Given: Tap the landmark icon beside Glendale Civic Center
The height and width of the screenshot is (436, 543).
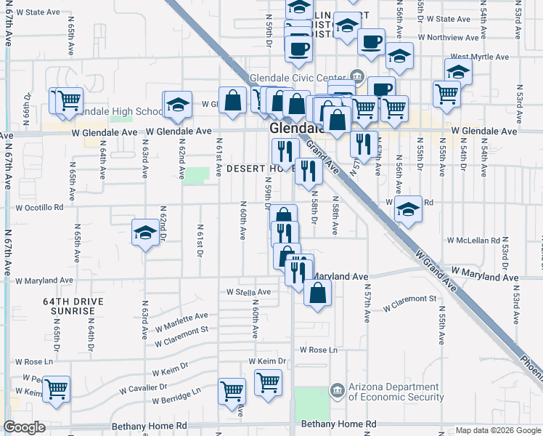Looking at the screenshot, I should point(356,76).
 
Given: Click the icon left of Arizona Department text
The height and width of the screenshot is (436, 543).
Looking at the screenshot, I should point(337,391).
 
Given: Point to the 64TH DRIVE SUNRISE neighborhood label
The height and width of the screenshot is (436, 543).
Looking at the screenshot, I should point(73,306).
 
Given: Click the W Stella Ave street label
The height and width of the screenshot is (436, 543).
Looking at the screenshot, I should point(247,292).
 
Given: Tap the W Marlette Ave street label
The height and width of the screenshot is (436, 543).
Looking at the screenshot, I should point(181,320).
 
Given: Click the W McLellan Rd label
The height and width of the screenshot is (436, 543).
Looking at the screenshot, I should point(474,240).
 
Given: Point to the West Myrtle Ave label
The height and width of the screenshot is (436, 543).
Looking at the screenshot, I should point(479,57).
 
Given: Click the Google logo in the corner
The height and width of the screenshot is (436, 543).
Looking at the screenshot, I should point(23,427).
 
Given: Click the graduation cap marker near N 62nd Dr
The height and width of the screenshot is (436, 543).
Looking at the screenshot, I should point(145,233).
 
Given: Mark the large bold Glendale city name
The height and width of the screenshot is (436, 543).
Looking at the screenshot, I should point(294,128).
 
